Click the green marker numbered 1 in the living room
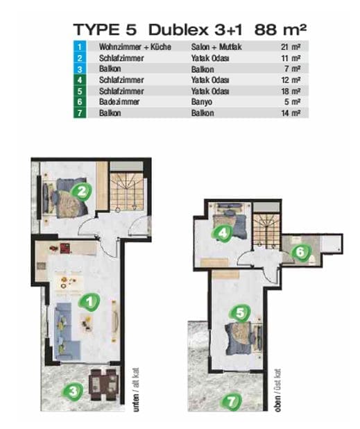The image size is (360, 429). [x=89, y=302]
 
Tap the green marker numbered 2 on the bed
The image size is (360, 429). [x=81, y=192]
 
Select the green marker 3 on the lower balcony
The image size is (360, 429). [x=73, y=392]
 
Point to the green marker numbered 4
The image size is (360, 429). [x=223, y=233]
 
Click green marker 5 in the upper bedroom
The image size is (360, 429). [x=239, y=312]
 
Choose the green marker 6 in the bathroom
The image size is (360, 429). [x=300, y=252]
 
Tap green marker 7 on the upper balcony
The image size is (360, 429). [x=231, y=402]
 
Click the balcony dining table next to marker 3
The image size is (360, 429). [x=103, y=385]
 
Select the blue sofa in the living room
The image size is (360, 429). [x=65, y=330]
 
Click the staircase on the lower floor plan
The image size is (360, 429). [x=126, y=189]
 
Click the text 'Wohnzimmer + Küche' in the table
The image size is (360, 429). [x=135, y=47]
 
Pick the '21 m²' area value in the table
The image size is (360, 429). [x=291, y=47]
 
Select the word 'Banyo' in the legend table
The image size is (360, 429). [x=201, y=102]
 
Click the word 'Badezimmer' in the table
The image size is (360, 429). [x=119, y=102]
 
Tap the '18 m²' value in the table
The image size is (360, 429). [x=291, y=91]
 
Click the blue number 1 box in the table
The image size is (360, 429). [x=80, y=47]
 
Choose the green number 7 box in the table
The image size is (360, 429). [x=80, y=112]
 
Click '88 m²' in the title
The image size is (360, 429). [x=280, y=30]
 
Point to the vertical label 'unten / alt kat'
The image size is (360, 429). [x=136, y=389]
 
